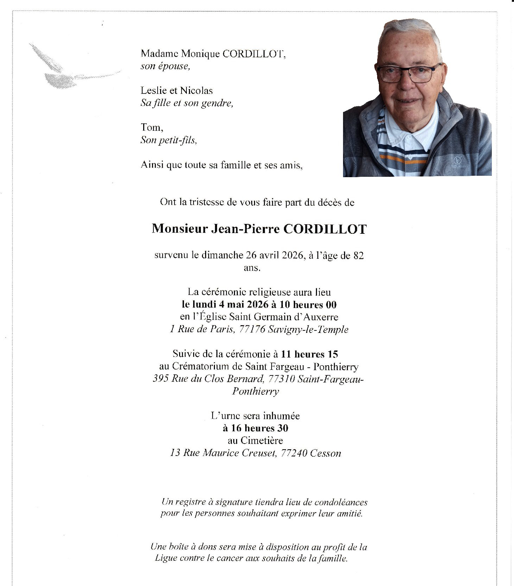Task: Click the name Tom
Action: [151, 128]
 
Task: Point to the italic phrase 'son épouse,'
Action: [165, 66]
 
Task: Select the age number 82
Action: [358, 256]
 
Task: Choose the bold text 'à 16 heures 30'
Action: [255, 428]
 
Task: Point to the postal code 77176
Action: [252, 330]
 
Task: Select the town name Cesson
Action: [325, 453]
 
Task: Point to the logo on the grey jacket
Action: [457, 160]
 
